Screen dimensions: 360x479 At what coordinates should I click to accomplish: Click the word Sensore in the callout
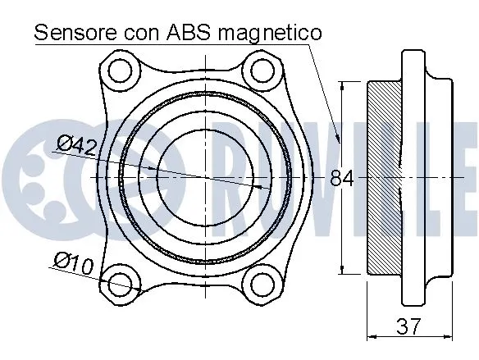pyautogui.click(x=75, y=33)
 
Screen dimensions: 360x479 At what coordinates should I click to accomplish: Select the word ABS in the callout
pyautogui.click(x=191, y=33)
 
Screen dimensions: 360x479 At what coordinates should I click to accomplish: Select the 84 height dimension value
pyautogui.click(x=341, y=178)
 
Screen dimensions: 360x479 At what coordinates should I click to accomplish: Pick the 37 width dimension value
pyautogui.click(x=407, y=326)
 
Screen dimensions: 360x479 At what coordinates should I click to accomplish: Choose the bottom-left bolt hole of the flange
pyautogui.click(x=121, y=284)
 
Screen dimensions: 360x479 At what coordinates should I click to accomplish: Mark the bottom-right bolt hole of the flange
pyautogui.click(x=262, y=284)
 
